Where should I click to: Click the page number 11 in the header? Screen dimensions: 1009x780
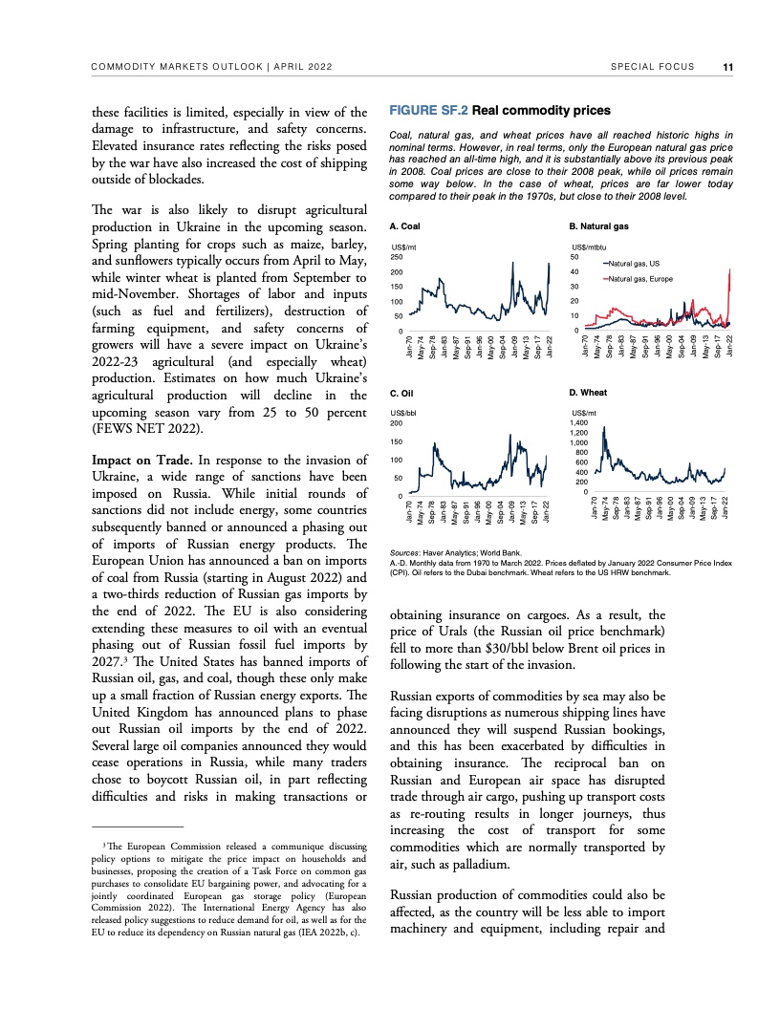coord(728,67)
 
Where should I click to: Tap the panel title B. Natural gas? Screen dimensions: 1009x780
coord(598,227)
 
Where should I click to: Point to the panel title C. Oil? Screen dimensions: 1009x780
coord(402,393)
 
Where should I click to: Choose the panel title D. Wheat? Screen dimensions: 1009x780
coord(589,393)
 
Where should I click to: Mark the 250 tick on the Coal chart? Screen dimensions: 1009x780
coord(400,257)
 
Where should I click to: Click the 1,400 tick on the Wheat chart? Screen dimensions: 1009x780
coord(579,421)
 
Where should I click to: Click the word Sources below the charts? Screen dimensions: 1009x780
coord(406,554)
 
